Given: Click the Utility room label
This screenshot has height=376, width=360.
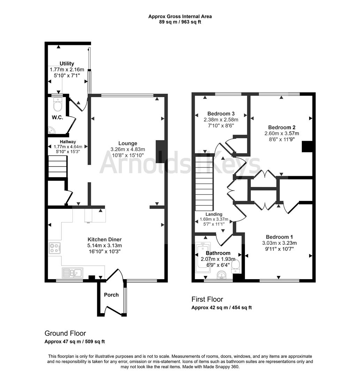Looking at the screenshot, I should click(x=67, y=64).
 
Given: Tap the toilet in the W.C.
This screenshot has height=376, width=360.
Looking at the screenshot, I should click(x=57, y=103).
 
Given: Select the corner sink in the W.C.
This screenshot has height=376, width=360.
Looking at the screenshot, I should click(x=52, y=130).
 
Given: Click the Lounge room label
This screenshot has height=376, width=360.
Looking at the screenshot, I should click(x=128, y=143).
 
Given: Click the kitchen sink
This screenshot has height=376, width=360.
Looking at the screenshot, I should click(x=72, y=272).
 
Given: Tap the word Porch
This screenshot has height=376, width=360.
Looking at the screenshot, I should click(x=111, y=295).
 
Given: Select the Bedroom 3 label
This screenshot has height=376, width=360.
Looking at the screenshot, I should click(x=221, y=113).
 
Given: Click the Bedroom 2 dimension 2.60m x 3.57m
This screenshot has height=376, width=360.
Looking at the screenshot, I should click(x=281, y=133).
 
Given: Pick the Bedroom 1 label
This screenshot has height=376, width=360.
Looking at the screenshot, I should click(x=277, y=237).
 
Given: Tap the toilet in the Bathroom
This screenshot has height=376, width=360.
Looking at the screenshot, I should click(x=236, y=267).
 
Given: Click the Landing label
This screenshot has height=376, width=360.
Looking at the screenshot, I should click(x=214, y=214).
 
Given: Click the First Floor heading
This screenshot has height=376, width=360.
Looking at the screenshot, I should click(x=207, y=299).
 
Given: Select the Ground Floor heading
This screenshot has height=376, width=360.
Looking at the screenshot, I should click(x=65, y=333).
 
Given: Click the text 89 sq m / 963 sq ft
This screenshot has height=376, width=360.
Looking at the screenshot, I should click(x=180, y=22).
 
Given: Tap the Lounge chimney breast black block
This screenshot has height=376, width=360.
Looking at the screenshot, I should click(x=160, y=151).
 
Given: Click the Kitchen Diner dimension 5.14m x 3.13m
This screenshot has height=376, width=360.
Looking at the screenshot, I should click(x=105, y=245).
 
